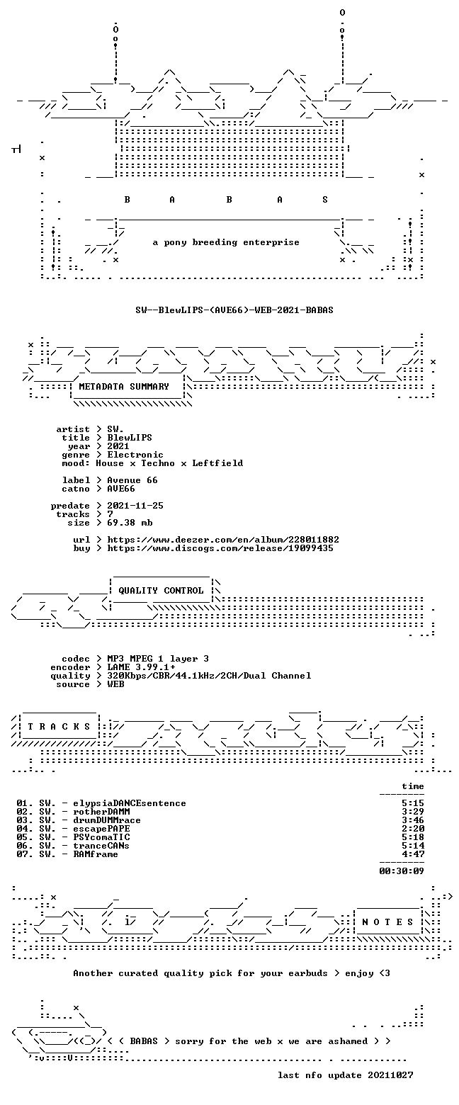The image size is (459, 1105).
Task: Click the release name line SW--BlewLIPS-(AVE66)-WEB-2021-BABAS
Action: tap(234, 310)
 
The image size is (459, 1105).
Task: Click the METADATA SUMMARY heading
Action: tap(124, 387)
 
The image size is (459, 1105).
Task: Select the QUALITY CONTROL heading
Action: tap(161, 591)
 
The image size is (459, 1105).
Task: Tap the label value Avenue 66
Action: tap(132, 480)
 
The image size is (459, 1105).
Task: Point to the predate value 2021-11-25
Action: tap(135, 506)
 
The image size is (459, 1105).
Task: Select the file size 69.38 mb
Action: tap(130, 523)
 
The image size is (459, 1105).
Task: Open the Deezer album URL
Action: tap(223, 540)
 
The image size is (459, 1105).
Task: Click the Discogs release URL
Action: tap(220, 548)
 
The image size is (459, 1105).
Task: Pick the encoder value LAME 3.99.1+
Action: tap(141, 667)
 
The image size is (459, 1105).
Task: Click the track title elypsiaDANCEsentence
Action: tap(130, 803)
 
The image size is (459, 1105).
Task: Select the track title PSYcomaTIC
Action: tap(102, 837)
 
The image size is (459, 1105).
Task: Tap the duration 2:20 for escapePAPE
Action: tap(413, 829)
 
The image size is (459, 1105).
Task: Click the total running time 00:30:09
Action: tap(402, 871)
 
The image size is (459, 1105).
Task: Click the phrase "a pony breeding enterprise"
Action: tap(226, 242)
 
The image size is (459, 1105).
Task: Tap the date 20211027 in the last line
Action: tap(390, 1075)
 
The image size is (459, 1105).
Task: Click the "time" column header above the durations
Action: tap(413, 786)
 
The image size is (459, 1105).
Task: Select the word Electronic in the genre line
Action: tap(135, 455)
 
